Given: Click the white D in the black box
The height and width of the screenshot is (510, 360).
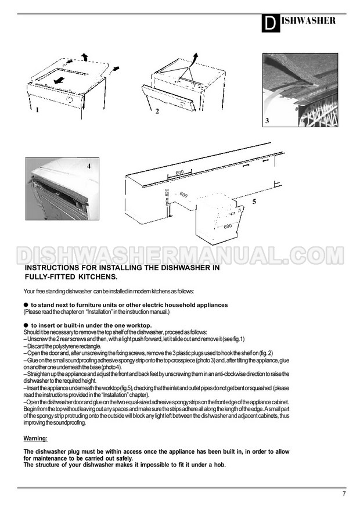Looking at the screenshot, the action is coord(270,24).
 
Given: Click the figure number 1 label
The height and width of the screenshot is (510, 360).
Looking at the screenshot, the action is coord(37,110).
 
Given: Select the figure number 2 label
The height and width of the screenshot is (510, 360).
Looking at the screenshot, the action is coord(157,112).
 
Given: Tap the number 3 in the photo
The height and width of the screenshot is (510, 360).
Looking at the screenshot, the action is coord(267,121).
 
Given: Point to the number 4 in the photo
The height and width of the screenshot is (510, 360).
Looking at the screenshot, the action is coord(89,166).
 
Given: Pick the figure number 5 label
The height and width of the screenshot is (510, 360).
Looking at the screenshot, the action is coord(254,202).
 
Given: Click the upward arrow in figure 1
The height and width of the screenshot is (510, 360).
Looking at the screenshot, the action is coord(85,56).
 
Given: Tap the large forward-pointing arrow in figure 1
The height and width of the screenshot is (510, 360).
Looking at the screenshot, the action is coord(59,80).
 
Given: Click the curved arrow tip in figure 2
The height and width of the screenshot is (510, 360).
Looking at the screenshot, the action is coord(196,53).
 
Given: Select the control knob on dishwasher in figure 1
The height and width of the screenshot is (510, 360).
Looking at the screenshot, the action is coord(70,99).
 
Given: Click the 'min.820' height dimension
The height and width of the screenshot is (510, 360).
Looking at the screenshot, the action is coord(167,197).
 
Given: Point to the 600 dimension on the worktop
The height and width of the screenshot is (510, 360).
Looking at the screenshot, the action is coord(179,173).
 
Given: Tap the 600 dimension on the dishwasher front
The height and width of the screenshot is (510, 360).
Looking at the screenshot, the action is coord(228,226).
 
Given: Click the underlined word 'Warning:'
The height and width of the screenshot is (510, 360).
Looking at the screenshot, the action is coord(35,439).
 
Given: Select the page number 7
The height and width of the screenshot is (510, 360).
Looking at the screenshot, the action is coord(344,494).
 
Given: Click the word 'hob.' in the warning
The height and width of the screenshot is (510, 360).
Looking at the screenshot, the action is coord(220,465).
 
